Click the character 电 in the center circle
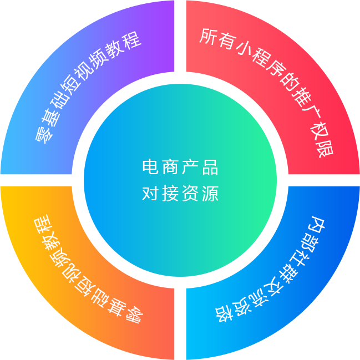pyautogui.click(x=150, y=167)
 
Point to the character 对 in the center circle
pyautogui.click(x=150, y=194)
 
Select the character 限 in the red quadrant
pyautogui.click(x=324, y=149)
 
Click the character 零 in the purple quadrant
pyautogui.click(x=43, y=134)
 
